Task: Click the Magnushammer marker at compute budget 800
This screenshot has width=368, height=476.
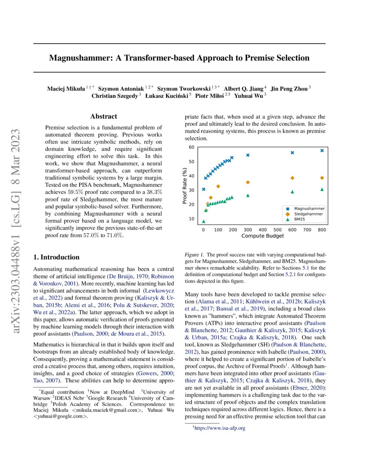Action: tap(322, 151)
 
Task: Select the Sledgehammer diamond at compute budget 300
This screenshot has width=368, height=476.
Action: tap(248, 183)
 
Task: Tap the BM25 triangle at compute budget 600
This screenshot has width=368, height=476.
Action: tap(292, 192)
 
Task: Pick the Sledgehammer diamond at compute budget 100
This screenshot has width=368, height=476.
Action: tap(218, 187)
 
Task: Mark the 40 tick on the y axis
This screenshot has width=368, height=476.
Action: tap(191, 176)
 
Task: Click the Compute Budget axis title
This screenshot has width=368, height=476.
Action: tap(262, 236)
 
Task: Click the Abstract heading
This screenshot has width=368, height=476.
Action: tap(103, 116)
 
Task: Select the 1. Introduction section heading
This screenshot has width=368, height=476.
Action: tap(56, 257)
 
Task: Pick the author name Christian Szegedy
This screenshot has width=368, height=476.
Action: tap(115, 96)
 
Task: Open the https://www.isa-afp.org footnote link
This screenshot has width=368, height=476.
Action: tap(220, 428)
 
